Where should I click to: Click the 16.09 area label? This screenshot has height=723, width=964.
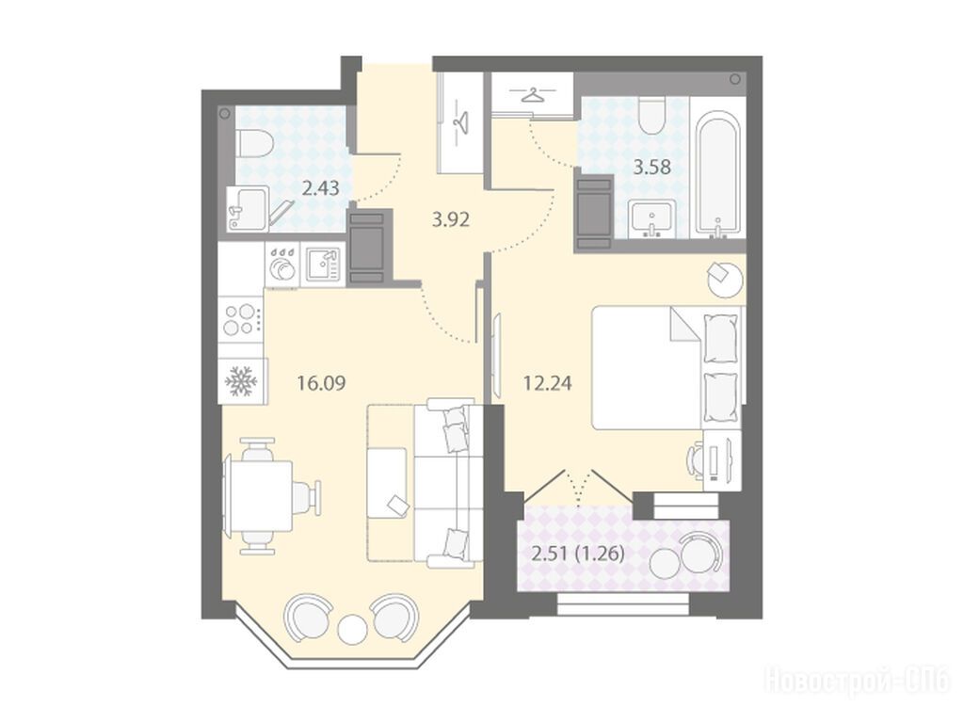click(321, 384)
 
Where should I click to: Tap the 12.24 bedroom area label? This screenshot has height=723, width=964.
click(547, 384)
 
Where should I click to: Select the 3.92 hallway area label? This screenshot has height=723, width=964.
click(451, 219)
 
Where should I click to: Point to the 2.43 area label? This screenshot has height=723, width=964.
click(320, 187)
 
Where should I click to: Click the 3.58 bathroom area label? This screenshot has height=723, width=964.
click(651, 167)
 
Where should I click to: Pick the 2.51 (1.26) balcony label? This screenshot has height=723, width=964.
click(578, 554)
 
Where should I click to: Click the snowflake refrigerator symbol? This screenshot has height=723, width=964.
click(240, 381)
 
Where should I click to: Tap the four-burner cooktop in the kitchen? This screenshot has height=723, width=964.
click(240, 319)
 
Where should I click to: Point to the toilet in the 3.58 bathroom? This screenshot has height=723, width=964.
click(651, 117)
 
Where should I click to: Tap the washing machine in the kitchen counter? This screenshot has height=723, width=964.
click(281, 265)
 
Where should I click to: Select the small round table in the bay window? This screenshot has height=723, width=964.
click(353, 628)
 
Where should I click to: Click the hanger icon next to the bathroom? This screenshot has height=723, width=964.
click(533, 95)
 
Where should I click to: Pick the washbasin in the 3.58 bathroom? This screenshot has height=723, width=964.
click(651, 218)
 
